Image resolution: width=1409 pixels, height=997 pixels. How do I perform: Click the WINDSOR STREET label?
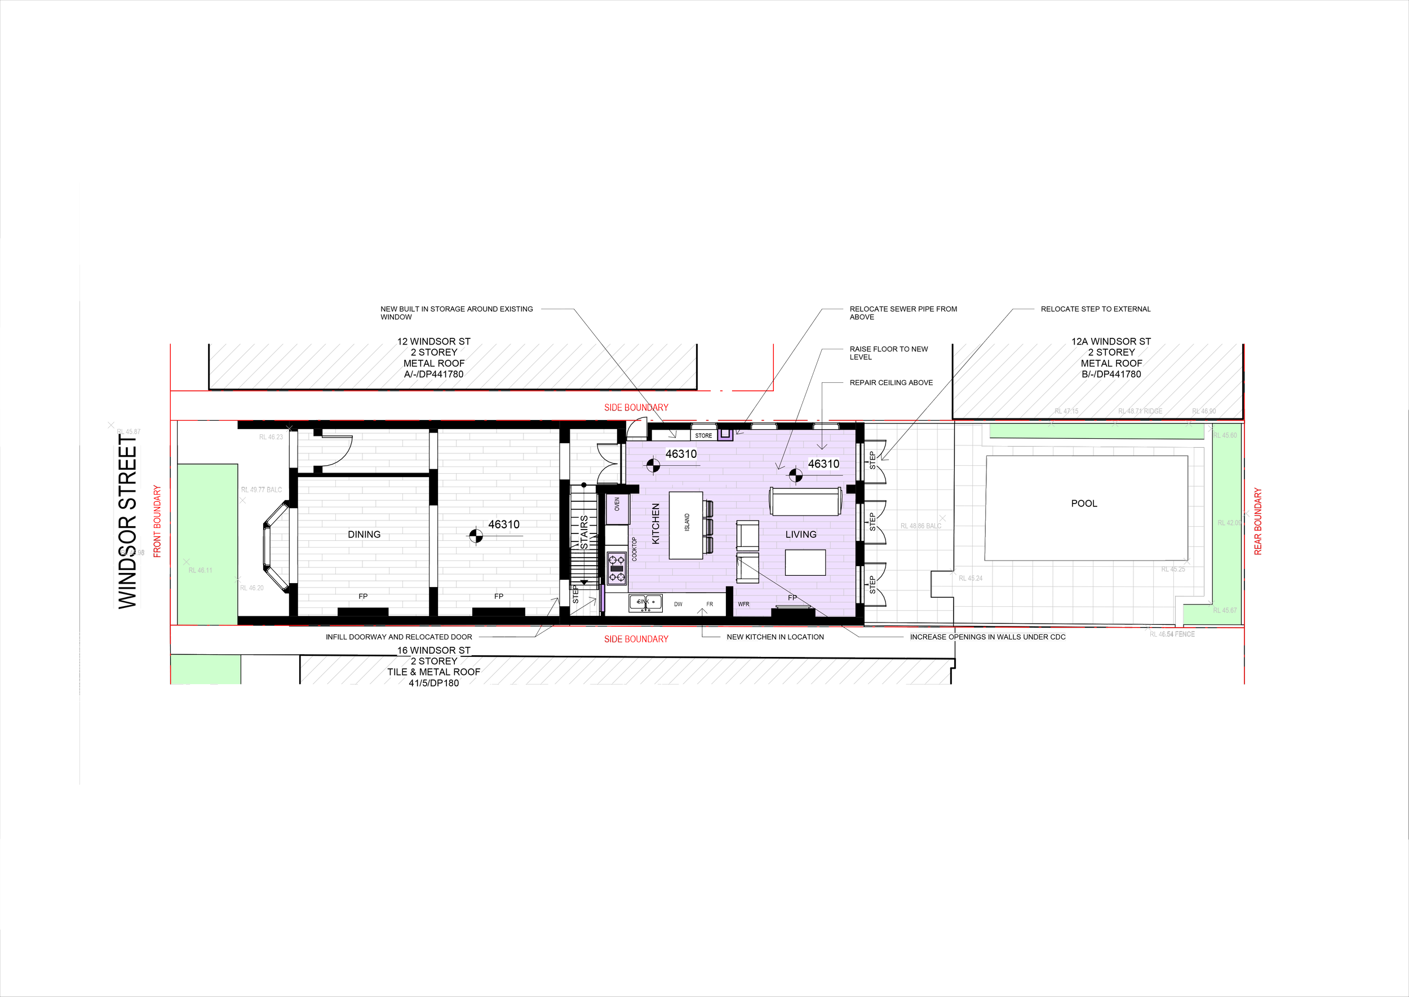pos(126,522)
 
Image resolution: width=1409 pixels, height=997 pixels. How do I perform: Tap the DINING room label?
pos(364,534)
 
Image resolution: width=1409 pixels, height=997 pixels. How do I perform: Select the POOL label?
pos(1084,504)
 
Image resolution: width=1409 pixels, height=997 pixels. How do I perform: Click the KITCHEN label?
pos(655,524)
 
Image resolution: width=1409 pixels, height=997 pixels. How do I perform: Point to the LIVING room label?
pos(801,534)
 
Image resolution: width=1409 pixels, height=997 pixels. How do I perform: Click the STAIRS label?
pos(584,532)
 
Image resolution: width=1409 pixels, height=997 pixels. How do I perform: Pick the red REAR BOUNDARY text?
pos(1258,521)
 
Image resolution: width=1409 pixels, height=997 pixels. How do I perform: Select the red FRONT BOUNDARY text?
pos(157,521)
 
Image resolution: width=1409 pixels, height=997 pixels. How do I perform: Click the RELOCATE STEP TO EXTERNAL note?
pos(1096,309)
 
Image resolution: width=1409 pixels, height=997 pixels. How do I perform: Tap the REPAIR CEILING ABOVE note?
pos(891,382)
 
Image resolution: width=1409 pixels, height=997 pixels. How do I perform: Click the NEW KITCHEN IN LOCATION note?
pos(775,637)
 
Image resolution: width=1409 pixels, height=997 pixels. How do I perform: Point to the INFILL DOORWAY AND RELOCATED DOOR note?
pos(399,637)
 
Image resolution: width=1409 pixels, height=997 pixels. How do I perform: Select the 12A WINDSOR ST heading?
pos(1111,341)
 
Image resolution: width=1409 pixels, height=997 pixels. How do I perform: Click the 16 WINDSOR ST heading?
pos(433,650)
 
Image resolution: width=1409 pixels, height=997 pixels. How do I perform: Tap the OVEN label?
pos(617,504)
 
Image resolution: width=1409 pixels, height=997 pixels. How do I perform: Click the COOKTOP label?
pos(635,549)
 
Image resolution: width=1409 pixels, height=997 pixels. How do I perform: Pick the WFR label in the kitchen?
pos(743,604)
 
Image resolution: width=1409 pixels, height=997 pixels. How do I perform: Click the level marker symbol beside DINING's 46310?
pos(476,536)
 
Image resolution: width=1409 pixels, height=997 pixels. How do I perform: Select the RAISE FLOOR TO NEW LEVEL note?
pos(888,353)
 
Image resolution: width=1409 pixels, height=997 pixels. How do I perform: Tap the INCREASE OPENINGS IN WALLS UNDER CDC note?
pos(987,637)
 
